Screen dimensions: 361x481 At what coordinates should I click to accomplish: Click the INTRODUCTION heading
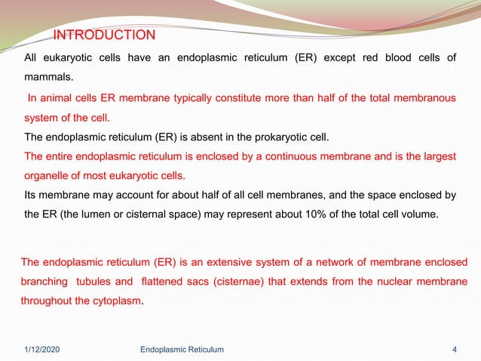104,35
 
